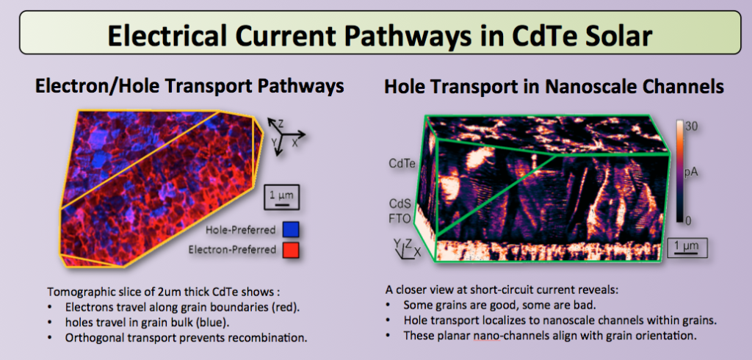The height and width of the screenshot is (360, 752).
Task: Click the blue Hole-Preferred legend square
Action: (291, 229)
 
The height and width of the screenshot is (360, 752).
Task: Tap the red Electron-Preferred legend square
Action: (291, 250)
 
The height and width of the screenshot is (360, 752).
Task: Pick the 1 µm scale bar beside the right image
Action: (687, 248)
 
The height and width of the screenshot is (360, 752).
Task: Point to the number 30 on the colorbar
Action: (690, 126)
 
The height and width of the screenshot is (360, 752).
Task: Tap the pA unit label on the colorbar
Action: (690, 173)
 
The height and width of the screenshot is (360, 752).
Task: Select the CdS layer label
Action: (399, 204)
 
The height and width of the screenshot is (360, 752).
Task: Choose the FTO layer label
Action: (399, 219)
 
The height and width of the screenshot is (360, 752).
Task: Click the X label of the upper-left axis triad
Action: (295, 143)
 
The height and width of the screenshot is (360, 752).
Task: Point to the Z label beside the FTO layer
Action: (408, 243)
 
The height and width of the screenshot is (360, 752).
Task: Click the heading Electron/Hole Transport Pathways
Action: (190, 86)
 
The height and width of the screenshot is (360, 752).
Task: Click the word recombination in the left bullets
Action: (266, 337)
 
